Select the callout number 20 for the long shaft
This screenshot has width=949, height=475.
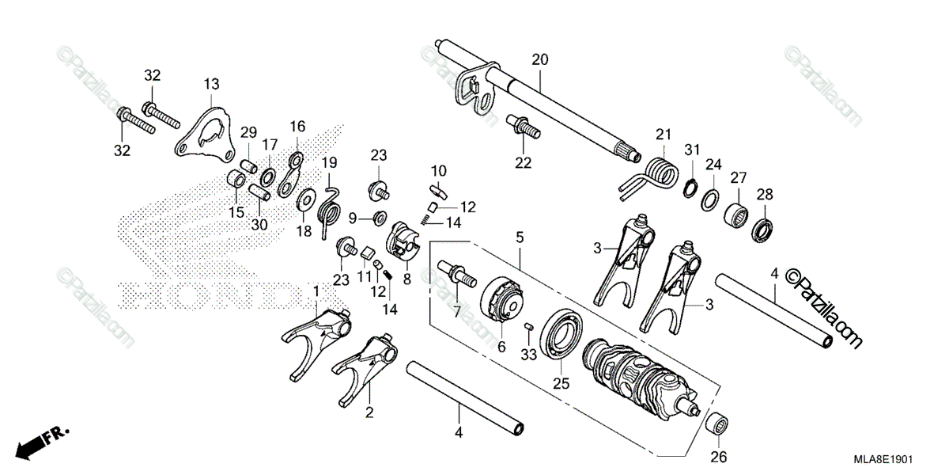point(539,59)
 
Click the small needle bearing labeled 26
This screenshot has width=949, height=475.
point(717,424)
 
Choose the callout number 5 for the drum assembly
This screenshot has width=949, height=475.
point(520,237)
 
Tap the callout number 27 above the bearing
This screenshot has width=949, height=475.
point(739,177)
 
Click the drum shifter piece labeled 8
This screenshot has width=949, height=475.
point(404,241)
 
